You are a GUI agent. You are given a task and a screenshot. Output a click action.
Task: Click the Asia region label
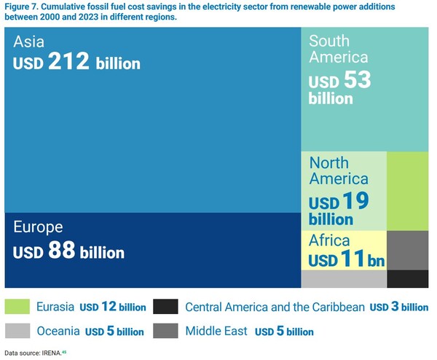click(30, 43)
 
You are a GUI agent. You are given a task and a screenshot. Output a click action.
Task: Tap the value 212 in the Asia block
click(71, 62)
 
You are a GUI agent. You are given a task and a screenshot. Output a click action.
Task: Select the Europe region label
click(39, 227)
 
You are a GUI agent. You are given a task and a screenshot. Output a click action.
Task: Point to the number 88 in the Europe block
click(63, 251)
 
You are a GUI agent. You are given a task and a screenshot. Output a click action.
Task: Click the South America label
click(339, 49)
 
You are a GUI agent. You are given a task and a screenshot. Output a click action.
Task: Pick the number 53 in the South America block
click(357, 79)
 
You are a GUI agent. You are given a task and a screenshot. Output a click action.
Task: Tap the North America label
click(339, 171)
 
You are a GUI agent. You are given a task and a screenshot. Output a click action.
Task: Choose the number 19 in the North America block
click(357, 202)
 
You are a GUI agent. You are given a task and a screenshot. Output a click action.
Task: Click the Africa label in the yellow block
click(329, 240)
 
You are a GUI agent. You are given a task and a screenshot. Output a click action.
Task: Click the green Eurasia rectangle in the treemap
click(407, 191)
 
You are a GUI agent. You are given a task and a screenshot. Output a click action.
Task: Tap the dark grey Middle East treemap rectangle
click(407, 250)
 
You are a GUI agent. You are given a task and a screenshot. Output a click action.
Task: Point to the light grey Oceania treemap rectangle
click(343, 278)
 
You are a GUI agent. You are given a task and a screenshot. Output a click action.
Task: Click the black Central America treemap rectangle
click(407, 278)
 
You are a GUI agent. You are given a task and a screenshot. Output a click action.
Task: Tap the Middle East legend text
click(216, 331)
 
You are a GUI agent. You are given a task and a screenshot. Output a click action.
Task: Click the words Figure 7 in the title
click(23, 7)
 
